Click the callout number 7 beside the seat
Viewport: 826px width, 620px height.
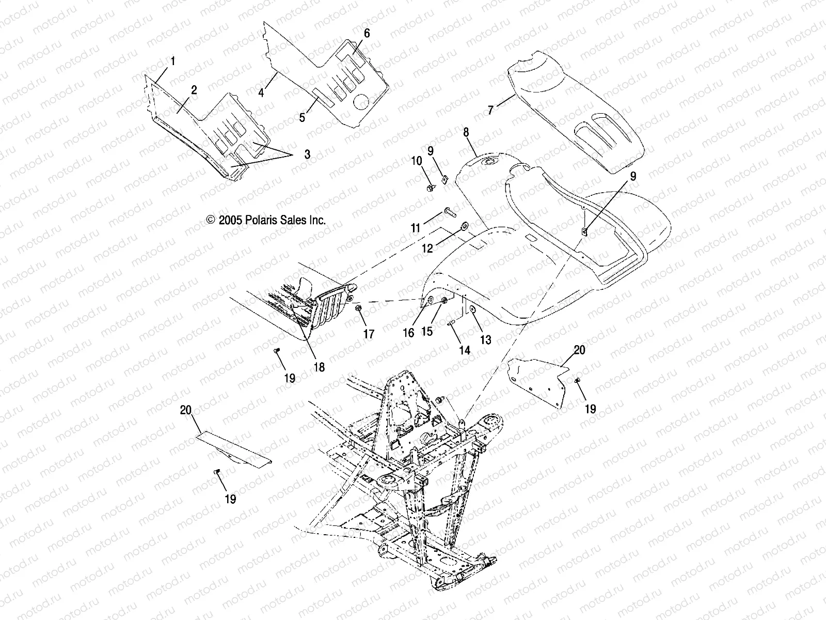490,109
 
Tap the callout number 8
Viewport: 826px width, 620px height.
466,132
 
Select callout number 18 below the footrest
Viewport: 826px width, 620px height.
319,367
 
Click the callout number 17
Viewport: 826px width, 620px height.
369,334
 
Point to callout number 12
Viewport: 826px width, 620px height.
427,249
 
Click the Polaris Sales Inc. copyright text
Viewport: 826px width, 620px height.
266,220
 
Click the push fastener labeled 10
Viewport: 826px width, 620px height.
431,187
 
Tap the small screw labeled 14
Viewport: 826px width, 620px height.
450,322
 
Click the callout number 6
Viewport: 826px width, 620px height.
367,34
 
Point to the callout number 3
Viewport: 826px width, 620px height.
307,154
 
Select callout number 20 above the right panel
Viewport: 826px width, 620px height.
579,350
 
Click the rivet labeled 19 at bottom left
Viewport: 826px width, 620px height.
217,471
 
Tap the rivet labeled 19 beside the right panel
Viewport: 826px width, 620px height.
578,381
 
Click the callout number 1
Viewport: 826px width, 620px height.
173,61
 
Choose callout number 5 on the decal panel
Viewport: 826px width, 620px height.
302,117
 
